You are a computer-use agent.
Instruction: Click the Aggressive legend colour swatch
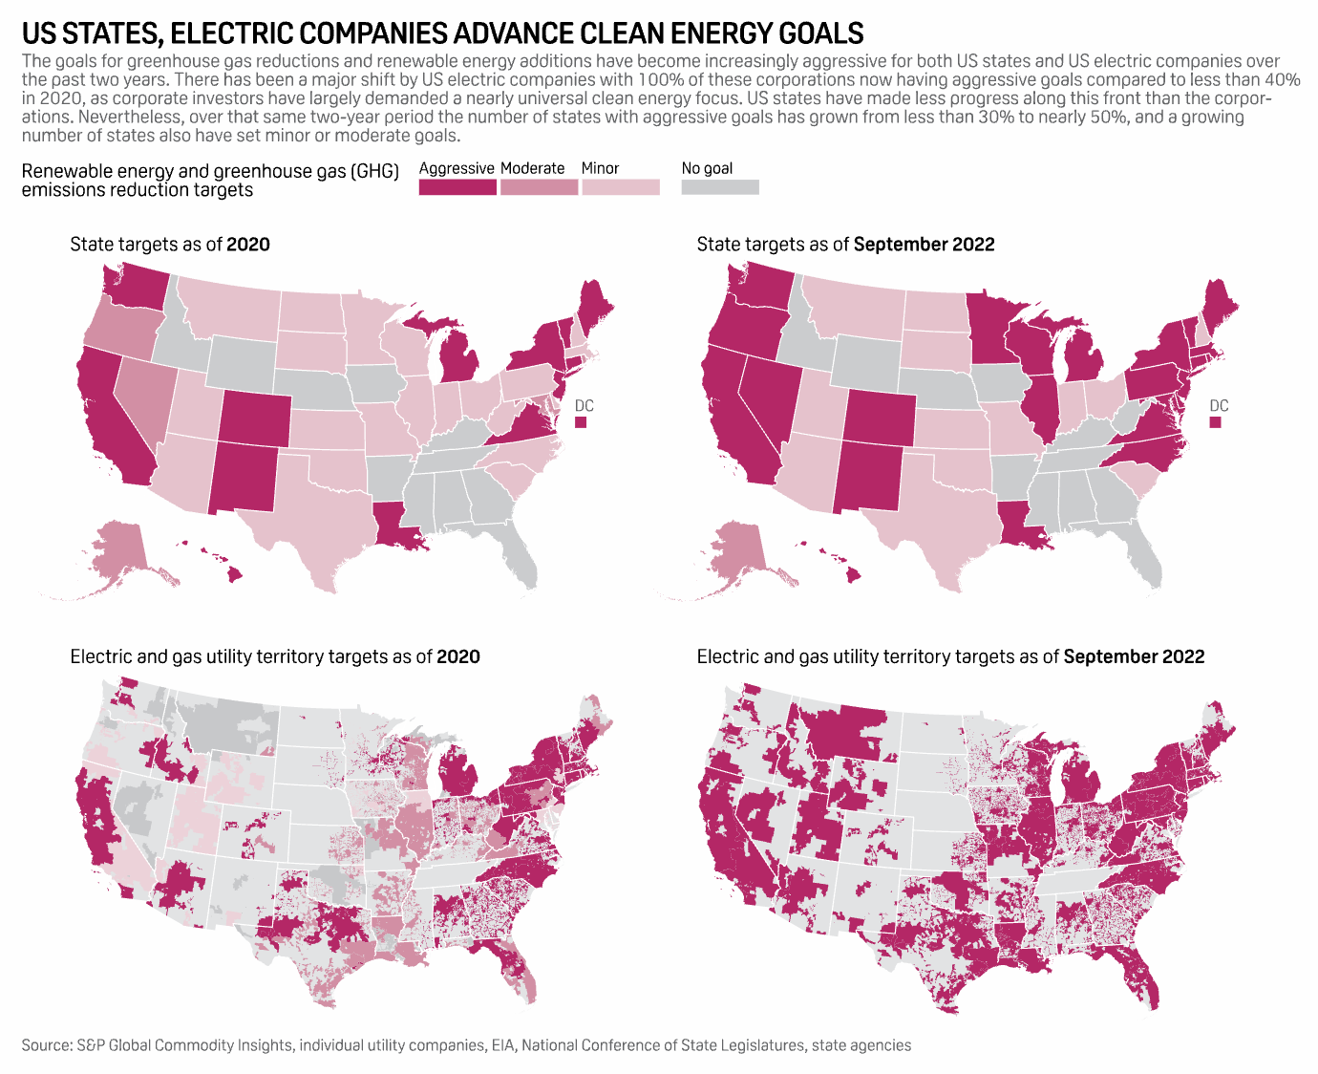[457, 187]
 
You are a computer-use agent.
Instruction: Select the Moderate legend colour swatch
[539, 187]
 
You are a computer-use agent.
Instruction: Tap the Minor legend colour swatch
[621, 187]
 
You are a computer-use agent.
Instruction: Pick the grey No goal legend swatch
[720, 187]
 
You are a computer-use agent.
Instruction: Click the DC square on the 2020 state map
[581, 422]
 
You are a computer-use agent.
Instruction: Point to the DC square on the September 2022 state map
[1215, 422]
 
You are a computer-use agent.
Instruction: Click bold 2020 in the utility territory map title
[458, 657]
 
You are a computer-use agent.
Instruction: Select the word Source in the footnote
[46, 1045]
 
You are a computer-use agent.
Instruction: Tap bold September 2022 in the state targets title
[924, 245]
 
